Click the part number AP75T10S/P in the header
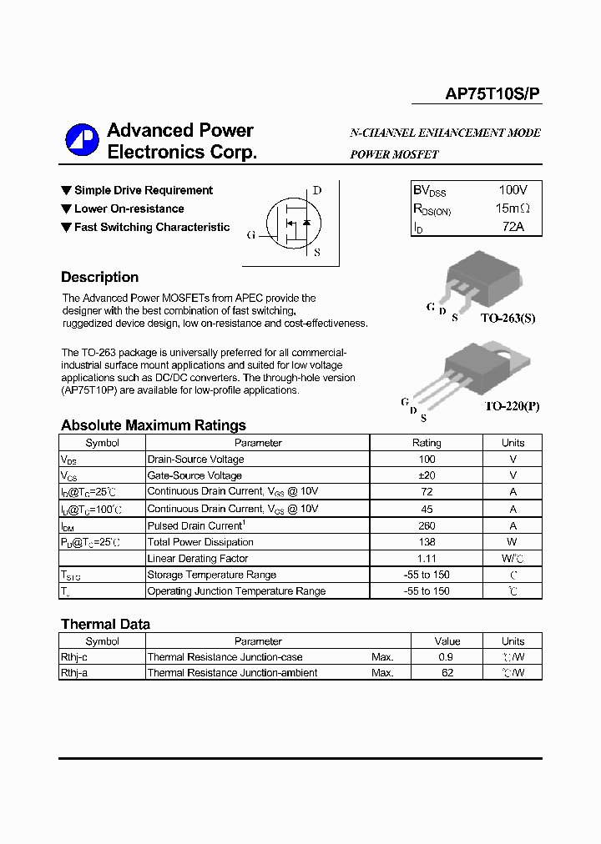click(x=492, y=95)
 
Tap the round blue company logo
click(x=82, y=140)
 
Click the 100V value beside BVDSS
click(x=513, y=190)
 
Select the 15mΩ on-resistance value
click(x=513, y=208)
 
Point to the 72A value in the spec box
click(x=513, y=226)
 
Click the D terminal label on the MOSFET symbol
click(x=316, y=190)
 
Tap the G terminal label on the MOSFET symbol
click(x=250, y=234)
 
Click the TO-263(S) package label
click(x=509, y=319)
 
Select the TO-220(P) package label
click(x=512, y=406)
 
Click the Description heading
click(x=99, y=278)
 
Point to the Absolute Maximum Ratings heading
click(x=153, y=425)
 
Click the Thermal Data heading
click(x=105, y=624)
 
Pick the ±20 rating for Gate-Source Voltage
click(x=427, y=475)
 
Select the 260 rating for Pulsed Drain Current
click(x=427, y=525)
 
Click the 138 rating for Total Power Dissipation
click(x=427, y=542)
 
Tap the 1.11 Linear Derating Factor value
click(x=427, y=558)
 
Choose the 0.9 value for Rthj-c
click(x=447, y=657)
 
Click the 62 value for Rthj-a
click(x=447, y=673)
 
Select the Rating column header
click(x=427, y=443)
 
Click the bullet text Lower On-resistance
click(x=129, y=208)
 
